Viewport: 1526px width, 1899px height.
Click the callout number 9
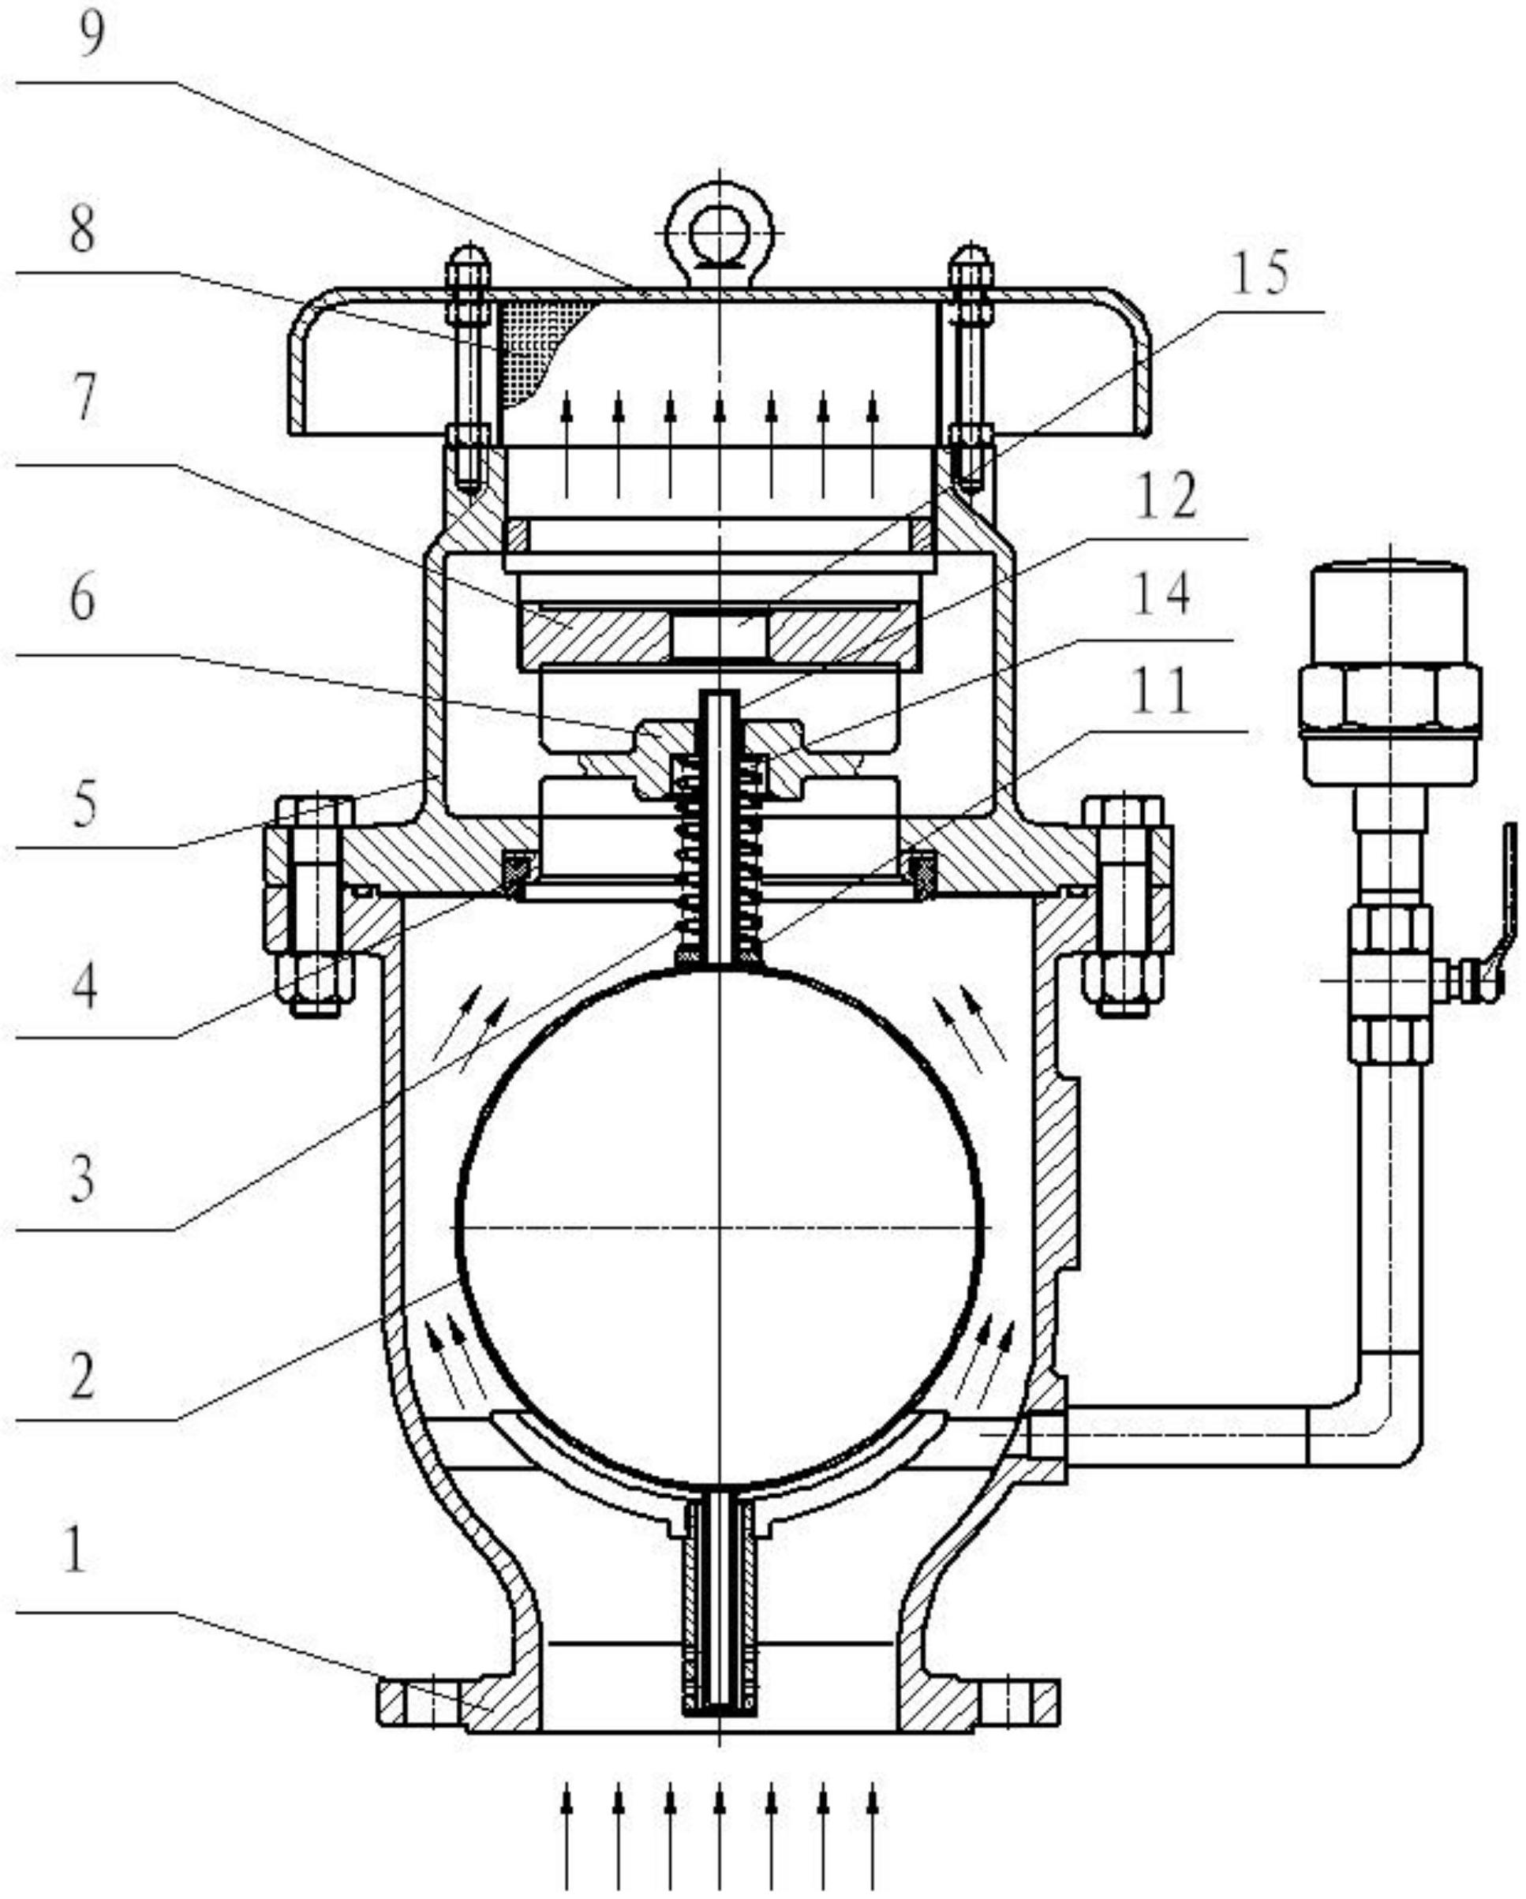pyautogui.click(x=92, y=36)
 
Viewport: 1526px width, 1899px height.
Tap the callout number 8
pyautogui.click(x=82, y=230)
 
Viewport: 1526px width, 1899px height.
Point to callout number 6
pyautogui.click(x=82, y=601)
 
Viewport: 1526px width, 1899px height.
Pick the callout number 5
pyautogui.click(x=84, y=803)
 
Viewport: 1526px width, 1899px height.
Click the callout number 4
pyautogui.click(x=84, y=987)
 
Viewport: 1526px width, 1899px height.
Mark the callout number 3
pyautogui.click(x=82, y=1179)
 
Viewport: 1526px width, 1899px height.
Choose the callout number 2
pyautogui.click(x=82, y=1376)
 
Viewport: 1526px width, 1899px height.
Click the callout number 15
pyautogui.click(x=1259, y=272)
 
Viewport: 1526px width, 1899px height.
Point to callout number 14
pyautogui.click(x=1161, y=593)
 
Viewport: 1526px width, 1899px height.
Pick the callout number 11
pyautogui.click(x=1161, y=691)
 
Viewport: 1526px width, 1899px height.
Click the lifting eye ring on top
pyautogui.click(x=720, y=234)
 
